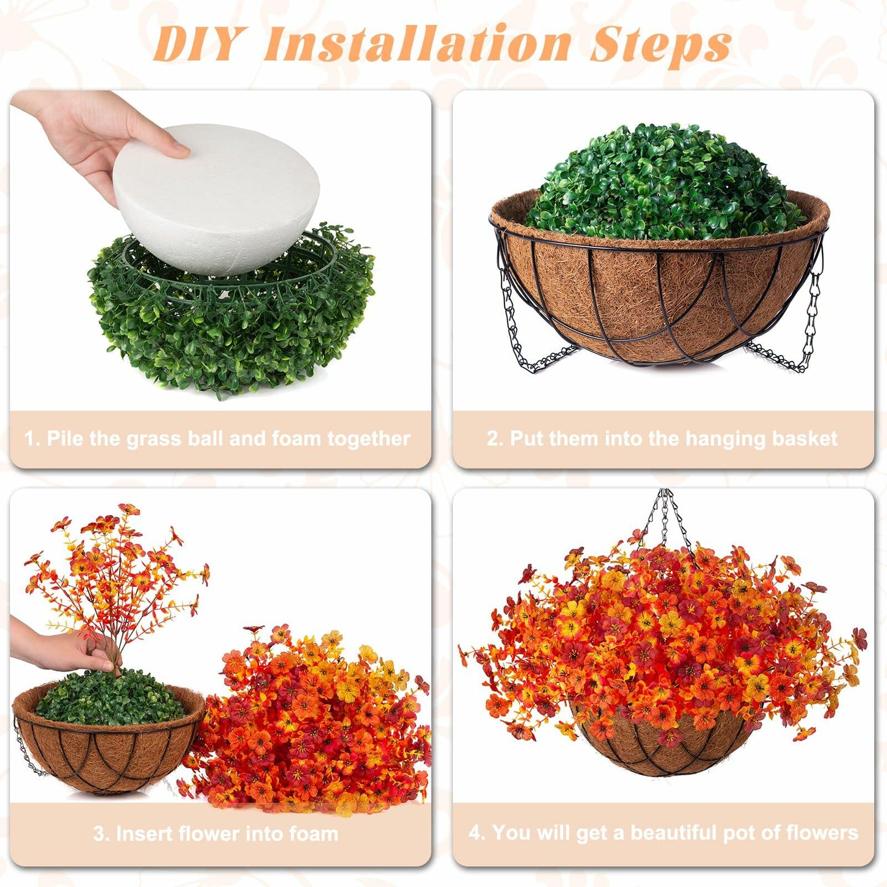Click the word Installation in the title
click(417, 44)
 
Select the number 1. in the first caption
click(33, 439)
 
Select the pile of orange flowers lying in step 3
click(313, 724)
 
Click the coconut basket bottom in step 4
click(666, 749)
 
